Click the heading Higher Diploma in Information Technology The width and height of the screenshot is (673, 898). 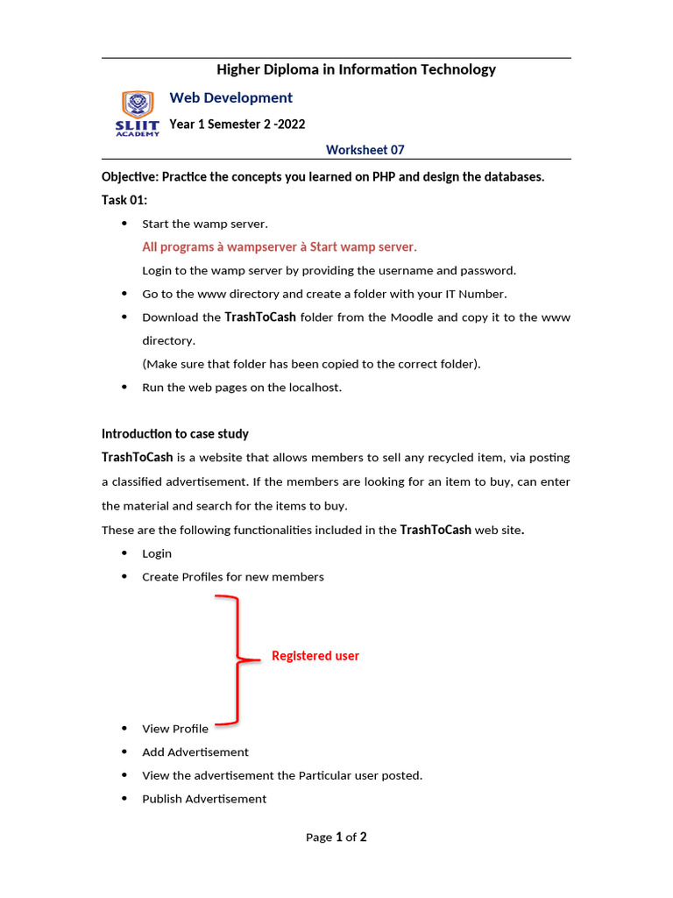[356, 69]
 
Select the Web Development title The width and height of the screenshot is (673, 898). [230, 98]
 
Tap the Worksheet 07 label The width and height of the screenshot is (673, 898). [365, 150]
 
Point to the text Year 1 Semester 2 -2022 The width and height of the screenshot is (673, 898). [237, 125]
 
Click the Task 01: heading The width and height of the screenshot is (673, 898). [124, 200]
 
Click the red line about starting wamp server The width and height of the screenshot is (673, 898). [280, 246]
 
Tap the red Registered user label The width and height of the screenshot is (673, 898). [315, 656]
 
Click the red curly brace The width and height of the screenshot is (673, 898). [235, 659]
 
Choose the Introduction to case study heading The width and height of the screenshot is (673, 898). [174, 434]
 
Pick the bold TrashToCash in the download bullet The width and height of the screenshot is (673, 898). [260, 317]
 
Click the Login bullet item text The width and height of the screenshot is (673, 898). [157, 553]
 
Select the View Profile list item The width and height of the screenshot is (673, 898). [175, 729]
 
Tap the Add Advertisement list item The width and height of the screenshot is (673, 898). [195, 752]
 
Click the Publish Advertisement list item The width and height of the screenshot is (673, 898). [204, 799]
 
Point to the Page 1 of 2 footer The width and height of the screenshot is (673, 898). [336, 837]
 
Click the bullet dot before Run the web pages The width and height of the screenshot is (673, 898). [123, 387]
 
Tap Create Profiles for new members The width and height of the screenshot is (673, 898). [233, 577]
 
